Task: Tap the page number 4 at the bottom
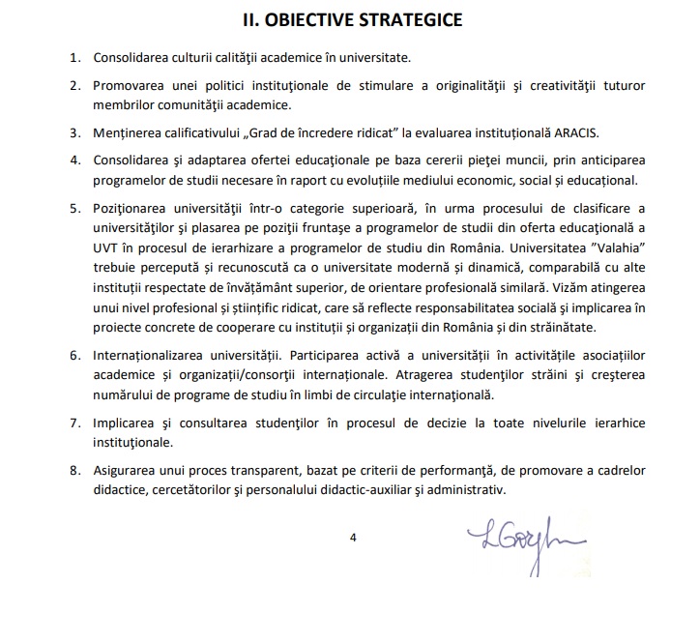[354, 539]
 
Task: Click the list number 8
[74, 470]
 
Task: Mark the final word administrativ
[462, 490]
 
